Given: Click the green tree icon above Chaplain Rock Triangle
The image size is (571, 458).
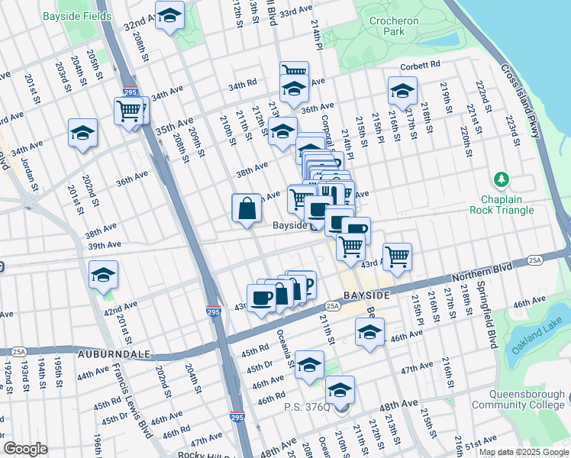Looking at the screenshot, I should (501, 179).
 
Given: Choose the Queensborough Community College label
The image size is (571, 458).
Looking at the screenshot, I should (518, 400).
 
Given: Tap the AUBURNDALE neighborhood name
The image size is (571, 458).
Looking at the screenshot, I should (113, 355).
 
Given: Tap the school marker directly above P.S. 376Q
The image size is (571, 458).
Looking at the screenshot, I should (340, 389).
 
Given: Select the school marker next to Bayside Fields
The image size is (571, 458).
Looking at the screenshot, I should (169, 15).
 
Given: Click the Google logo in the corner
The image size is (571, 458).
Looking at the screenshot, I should (25, 449).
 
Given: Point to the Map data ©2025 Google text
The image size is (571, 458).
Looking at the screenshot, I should (523, 452).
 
